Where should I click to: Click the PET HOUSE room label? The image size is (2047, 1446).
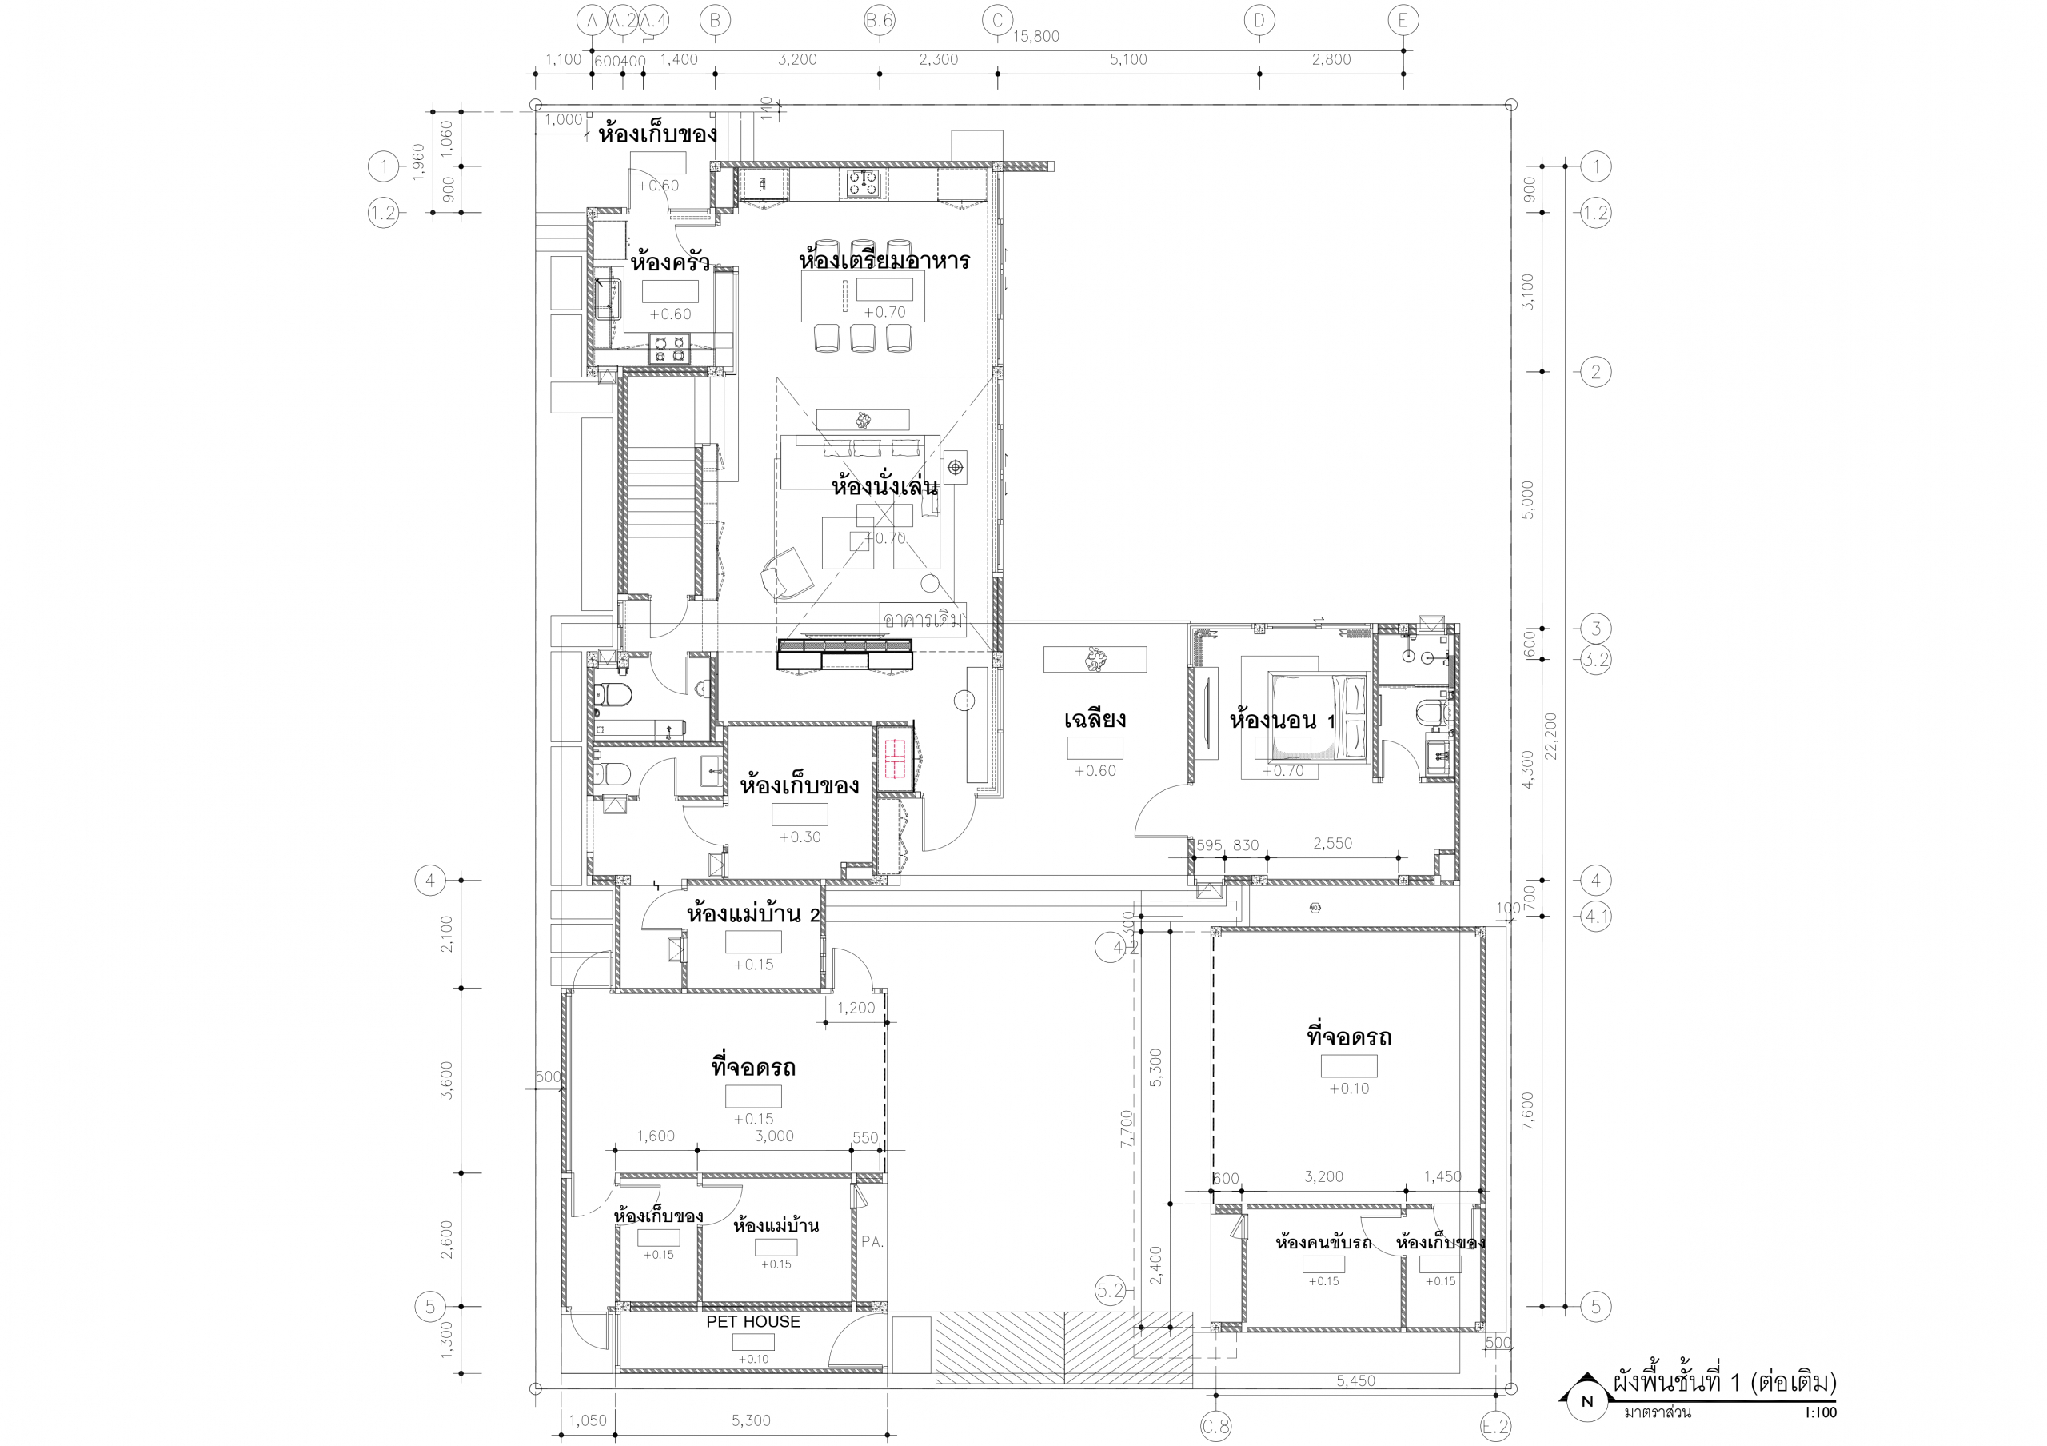click(753, 1321)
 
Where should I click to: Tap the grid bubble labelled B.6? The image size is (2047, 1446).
click(879, 21)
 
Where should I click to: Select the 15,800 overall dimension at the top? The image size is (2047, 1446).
click(1036, 37)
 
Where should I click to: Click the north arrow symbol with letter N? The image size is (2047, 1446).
click(1586, 1401)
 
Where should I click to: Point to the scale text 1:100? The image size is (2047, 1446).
click(1820, 1413)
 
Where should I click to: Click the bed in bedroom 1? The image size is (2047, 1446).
click(1319, 717)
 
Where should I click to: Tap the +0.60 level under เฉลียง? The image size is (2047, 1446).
click(1095, 771)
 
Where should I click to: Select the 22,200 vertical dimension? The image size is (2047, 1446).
click(1551, 736)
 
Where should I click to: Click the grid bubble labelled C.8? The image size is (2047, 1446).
click(1215, 1426)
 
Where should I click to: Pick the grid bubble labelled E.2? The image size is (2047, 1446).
click(1495, 1426)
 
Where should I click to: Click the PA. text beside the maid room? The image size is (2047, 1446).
click(872, 1242)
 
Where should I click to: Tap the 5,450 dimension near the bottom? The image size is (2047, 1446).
click(1355, 1381)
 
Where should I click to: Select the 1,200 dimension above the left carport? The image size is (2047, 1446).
click(856, 1009)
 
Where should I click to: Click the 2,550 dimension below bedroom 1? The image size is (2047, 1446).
click(1332, 843)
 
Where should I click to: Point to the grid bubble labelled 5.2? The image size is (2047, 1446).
click(1110, 1291)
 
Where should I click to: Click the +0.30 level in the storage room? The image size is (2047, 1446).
click(800, 837)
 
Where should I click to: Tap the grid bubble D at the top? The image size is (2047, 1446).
click(1259, 21)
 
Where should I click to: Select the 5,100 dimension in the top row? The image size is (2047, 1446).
click(1127, 60)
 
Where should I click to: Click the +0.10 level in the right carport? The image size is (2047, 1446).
click(1349, 1088)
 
